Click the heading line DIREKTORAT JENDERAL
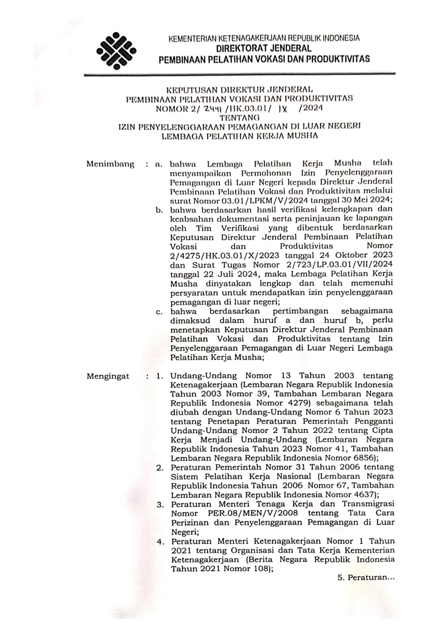coord(263,49)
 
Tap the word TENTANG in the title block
coord(239,117)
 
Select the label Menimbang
coord(110,164)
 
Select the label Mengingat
coord(108,376)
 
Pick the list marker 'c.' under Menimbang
coord(159,312)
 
